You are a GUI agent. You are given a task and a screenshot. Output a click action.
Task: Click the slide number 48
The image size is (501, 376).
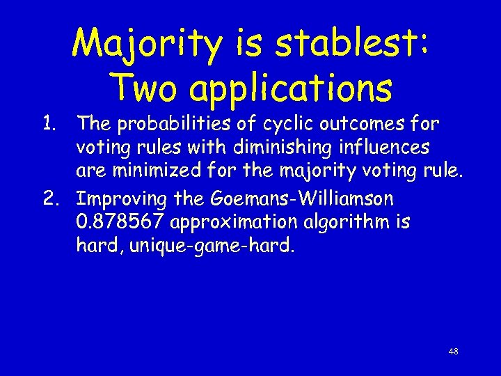[x=453, y=352]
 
